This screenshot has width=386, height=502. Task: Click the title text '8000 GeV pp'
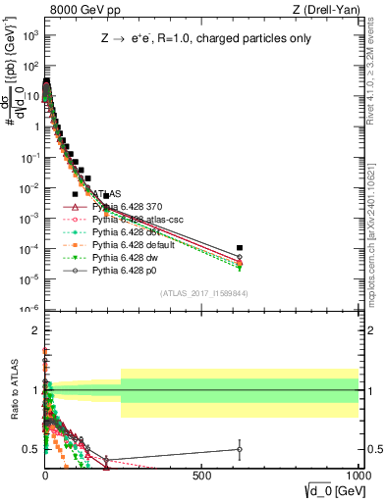[81, 10]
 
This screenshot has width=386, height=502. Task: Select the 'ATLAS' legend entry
[107, 194]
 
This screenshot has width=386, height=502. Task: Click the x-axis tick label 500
[202, 474]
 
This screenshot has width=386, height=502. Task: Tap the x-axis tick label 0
[45, 474]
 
